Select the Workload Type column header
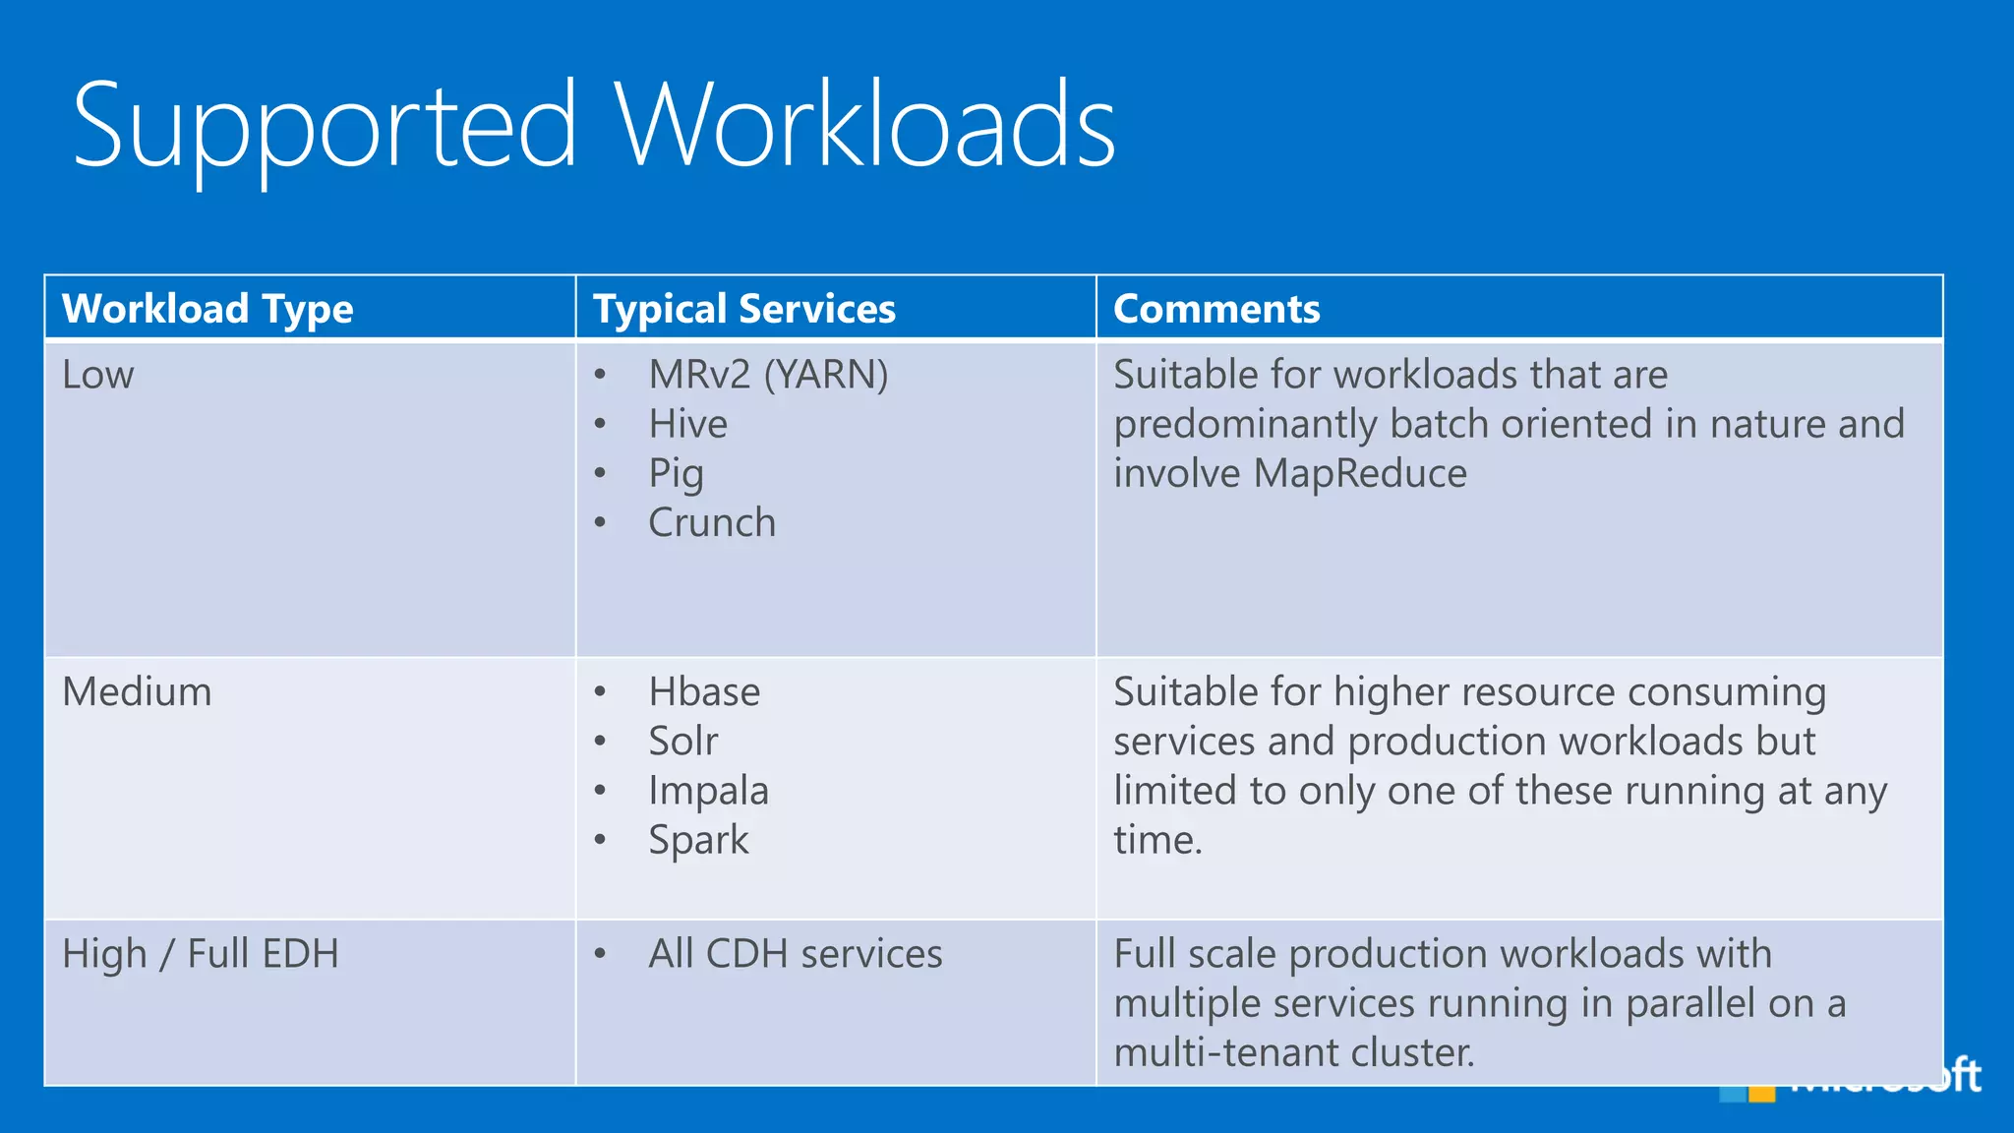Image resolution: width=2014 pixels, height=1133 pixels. (207, 309)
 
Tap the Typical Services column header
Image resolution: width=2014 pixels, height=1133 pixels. (744, 309)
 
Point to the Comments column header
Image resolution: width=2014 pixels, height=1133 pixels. (1216, 309)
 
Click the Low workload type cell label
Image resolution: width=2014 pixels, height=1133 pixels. (97, 375)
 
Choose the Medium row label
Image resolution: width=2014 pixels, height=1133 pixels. (137, 691)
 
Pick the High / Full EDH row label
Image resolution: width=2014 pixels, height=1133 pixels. (201, 954)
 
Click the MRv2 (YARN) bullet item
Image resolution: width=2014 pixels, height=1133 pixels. (768, 375)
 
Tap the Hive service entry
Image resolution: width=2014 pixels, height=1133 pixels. (688, 424)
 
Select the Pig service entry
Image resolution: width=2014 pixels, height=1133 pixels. (676, 474)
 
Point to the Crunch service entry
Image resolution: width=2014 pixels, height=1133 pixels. (712, 523)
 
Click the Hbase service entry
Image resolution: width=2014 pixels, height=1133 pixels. (704, 692)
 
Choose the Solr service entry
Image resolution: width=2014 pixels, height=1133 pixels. (683, 742)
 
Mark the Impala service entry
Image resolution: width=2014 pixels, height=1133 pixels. (708, 791)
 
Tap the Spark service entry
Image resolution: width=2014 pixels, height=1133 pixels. (698, 840)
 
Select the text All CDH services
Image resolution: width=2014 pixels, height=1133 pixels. (795, 954)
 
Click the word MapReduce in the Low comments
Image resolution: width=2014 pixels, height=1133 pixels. (1360, 474)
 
